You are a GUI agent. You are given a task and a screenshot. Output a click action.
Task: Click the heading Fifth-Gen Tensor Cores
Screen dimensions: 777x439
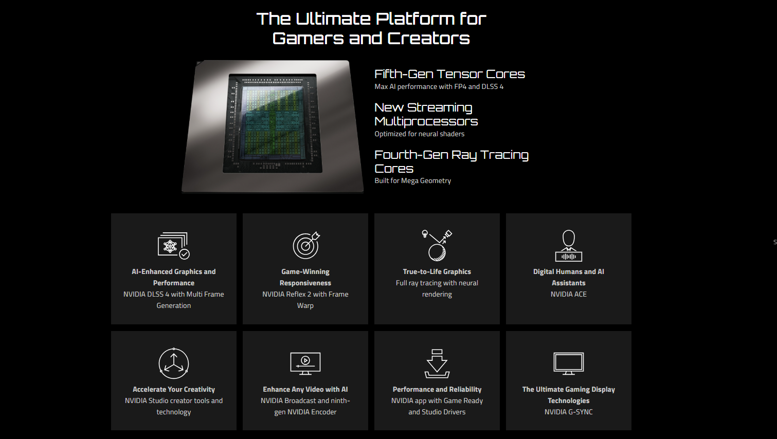click(449, 74)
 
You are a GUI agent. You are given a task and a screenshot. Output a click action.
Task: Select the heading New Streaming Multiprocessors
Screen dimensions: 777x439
click(426, 115)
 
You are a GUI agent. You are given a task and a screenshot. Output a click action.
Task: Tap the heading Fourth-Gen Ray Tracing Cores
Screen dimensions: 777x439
click(451, 161)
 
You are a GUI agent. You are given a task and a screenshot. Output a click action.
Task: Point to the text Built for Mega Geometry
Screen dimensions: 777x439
click(413, 180)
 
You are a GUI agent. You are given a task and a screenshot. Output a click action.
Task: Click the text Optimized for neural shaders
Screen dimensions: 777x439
click(420, 134)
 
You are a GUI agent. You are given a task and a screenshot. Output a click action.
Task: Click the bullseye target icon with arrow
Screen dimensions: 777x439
click(306, 245)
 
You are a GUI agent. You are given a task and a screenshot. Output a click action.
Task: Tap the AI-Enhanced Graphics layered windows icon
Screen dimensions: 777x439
click(173, 246)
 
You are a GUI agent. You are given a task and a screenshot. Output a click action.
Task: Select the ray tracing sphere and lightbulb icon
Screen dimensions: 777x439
click(437, 245)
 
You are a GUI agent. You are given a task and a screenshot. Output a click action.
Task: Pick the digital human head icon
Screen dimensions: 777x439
click(569, 246)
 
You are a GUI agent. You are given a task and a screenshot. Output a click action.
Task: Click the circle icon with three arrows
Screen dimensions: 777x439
click(174, 363)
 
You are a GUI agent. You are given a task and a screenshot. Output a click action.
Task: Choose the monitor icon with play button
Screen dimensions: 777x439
click(305, 363)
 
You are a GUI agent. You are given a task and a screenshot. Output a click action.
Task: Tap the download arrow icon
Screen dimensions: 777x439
click(437, 363)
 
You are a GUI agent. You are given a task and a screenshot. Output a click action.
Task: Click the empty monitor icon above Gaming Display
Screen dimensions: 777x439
click(569, 363)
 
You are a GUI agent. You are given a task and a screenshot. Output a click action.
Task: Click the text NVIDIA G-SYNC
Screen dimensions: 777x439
click(569, 412)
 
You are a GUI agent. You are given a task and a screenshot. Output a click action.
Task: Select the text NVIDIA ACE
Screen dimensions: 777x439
click(569, 294)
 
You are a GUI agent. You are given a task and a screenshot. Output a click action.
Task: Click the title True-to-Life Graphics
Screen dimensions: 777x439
click(437, 271)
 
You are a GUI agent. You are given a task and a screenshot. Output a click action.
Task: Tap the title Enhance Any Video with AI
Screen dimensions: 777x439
click(305, 390)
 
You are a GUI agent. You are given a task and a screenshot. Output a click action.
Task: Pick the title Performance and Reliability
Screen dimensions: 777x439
click(437, 390)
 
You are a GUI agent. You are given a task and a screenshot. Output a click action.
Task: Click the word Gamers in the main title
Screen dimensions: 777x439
click(308, 39)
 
